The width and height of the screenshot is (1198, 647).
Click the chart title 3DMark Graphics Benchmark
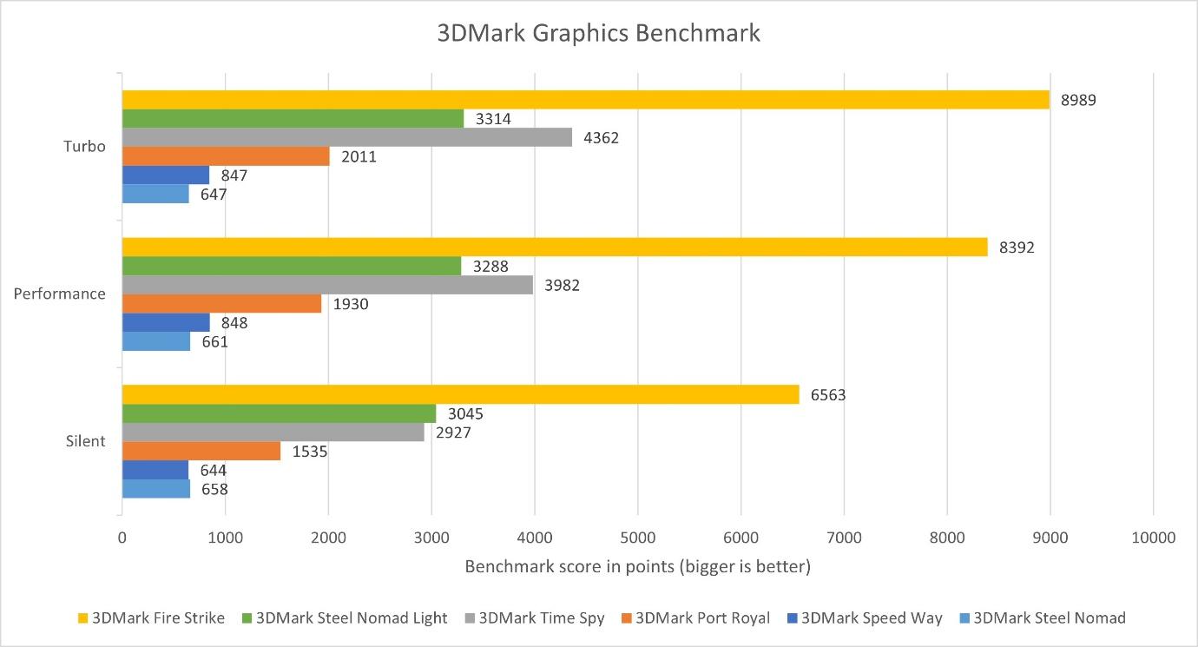pyautogui.click(x=598, y=33)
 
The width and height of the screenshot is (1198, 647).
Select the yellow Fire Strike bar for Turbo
pyautogui.click(x=585, y=100)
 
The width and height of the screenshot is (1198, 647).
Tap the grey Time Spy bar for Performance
pyautogui.click(x=327, y=285)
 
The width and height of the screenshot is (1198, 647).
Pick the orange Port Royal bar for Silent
pyautogui.click(x=201, y=451)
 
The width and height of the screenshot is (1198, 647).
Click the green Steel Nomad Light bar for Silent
pyautogui.click(x=279, y=413)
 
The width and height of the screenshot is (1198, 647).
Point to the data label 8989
pyautogui.click(x=1078, y=100)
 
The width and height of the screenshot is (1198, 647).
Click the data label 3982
pyautogui.click(x=562, y=286)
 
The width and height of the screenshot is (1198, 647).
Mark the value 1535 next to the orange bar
pyautogui.click(x=310, y=452)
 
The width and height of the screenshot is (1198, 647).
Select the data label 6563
pyautogui.click(x=828, y=395)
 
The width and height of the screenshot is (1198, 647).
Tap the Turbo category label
pyautogui.click(x=84, y=146)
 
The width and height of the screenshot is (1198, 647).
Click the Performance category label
pyautogui.click(x=59, y=294)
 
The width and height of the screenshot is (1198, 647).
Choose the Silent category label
pyautogui.click(x=85, y=441)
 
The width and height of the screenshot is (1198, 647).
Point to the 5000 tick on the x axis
pyautogui.click(x=637, y=538)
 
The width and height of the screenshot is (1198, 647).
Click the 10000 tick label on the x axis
pyautogui.click(x=1152, y=538)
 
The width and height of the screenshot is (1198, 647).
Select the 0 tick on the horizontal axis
pyautogui.click(x=122, y=538)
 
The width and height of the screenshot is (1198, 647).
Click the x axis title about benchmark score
pyautogui.click(x=637, y=567)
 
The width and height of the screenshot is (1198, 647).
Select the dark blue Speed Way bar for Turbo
pyautogui.click(x=165, y=175)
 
